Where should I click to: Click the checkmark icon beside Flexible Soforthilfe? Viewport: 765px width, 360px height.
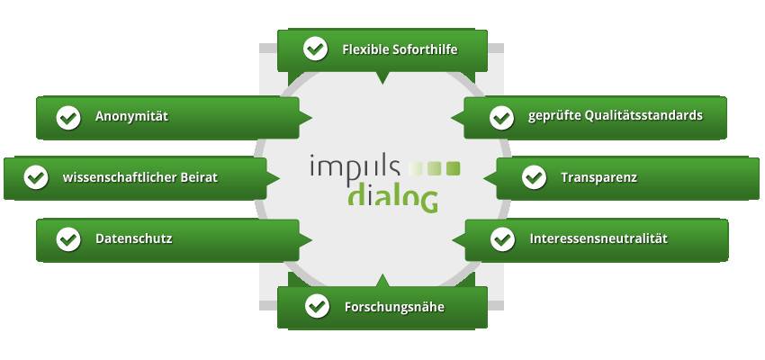tap(315, 49)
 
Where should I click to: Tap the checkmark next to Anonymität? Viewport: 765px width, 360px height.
tap(68, 118)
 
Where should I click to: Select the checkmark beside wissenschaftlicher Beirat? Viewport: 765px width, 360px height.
tap(36, 177)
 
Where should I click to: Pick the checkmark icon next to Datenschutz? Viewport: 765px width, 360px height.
tap(68, 239)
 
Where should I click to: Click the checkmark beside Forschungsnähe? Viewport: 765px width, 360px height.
tap(317, 306)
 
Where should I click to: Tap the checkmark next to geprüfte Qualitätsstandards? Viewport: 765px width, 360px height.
tap(501, 118)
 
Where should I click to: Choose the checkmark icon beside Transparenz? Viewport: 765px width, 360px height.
tap(534, 177)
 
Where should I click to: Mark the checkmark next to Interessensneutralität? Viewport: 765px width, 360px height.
tap(502, 239)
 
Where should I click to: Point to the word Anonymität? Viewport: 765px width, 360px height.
tap(131, 117)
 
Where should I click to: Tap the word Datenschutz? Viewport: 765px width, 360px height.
tap(134, 239)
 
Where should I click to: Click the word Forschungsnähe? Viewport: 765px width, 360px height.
tap(394, 308)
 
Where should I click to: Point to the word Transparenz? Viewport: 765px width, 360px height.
tap(598, 177)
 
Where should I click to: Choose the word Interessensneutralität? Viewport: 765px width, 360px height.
tap(598, 239)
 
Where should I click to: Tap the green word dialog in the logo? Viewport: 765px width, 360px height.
tap(393, 198)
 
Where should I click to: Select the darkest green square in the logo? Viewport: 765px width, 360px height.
tap(454, 168)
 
